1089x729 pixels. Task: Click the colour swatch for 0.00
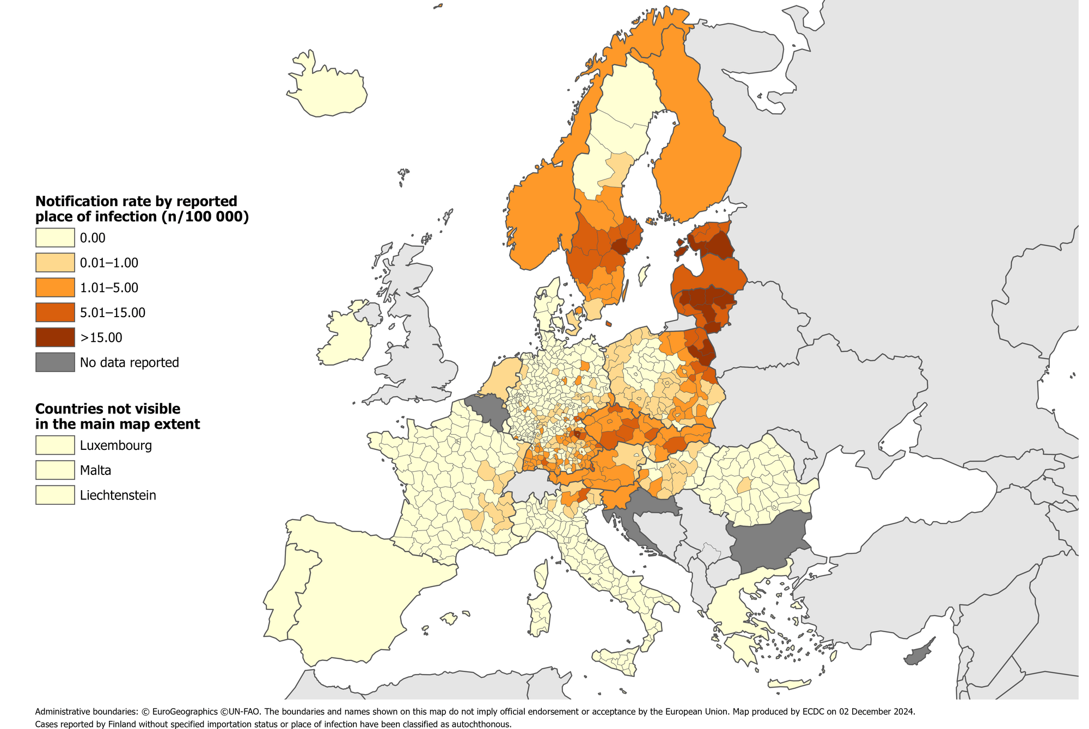pyautogui.click(x=55, y=238)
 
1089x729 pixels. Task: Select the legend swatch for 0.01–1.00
pyautogui.click(x=55, y=263)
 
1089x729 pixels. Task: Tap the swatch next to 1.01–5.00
pyautogui.click(x=55, y=288)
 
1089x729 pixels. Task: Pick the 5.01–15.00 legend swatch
pyautogui.click(x=55, y=313)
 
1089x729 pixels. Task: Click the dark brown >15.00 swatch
pyautogui.click(x=55, y=337)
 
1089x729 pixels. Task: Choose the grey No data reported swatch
pyautogui.click(x=55, y=362)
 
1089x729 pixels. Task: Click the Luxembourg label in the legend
pyautogui.click(x=115, y=446)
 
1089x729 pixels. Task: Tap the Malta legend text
pyautogui.click(x=96, y=471)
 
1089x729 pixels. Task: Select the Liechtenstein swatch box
pyautogui.click(x=55, y=495)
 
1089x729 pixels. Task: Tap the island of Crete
pyautogui.click(x=790, y=684)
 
